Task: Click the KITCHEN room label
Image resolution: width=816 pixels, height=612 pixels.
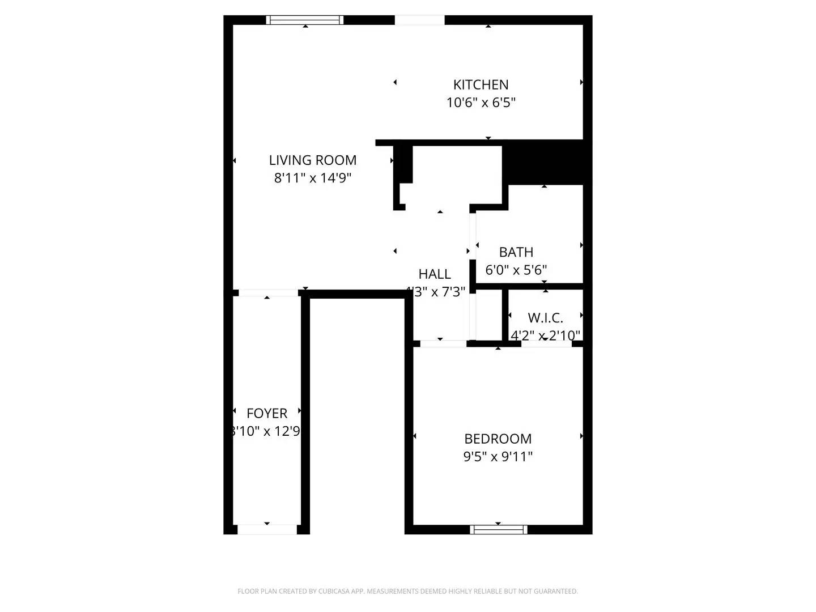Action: click(481, 85)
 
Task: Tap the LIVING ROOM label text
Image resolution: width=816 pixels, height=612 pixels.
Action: click(312, 160)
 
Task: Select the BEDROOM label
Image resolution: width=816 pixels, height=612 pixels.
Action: click(498, 439)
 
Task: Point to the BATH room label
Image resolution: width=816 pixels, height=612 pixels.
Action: click(516, 252)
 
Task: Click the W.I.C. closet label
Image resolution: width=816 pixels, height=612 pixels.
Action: click(545, 318)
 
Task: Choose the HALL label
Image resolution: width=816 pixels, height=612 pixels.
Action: click(435, 274)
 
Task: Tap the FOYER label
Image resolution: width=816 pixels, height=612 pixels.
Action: click(267, 414)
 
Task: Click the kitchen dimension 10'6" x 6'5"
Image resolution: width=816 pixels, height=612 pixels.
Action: click(481, 103)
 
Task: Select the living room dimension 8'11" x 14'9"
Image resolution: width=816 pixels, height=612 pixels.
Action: click(312, 178)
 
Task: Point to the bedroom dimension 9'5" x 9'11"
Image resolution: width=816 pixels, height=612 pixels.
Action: click(498, 456)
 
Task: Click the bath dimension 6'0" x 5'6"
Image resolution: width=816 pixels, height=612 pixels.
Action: click(516, 270)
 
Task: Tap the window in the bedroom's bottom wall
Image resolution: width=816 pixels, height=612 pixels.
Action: click(499, 530)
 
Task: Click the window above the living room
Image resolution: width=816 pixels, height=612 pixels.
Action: click(305, 20)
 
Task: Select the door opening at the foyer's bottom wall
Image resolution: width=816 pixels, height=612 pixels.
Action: click(267, 529)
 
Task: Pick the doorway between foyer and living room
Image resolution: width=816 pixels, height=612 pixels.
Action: click(267, 293)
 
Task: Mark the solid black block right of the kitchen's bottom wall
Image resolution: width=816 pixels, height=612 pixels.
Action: click(544, 162)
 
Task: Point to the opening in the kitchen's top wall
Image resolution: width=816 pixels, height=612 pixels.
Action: click(419, 20)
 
